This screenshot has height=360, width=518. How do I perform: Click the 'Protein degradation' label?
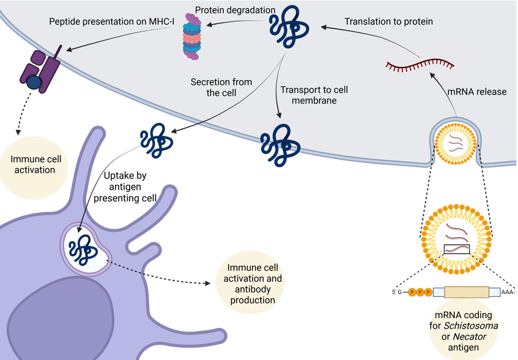pos(235,10)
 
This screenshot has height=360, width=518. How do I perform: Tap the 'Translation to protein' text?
pos(389,22)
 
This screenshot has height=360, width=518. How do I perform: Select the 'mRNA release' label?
pos(477,91)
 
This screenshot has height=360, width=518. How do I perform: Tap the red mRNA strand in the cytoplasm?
pos(420,66)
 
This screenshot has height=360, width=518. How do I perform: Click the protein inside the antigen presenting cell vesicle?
pos(85,249)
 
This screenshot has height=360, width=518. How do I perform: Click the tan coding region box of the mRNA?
pos(467,292)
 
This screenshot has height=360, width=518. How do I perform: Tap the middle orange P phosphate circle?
pos(420,292)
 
